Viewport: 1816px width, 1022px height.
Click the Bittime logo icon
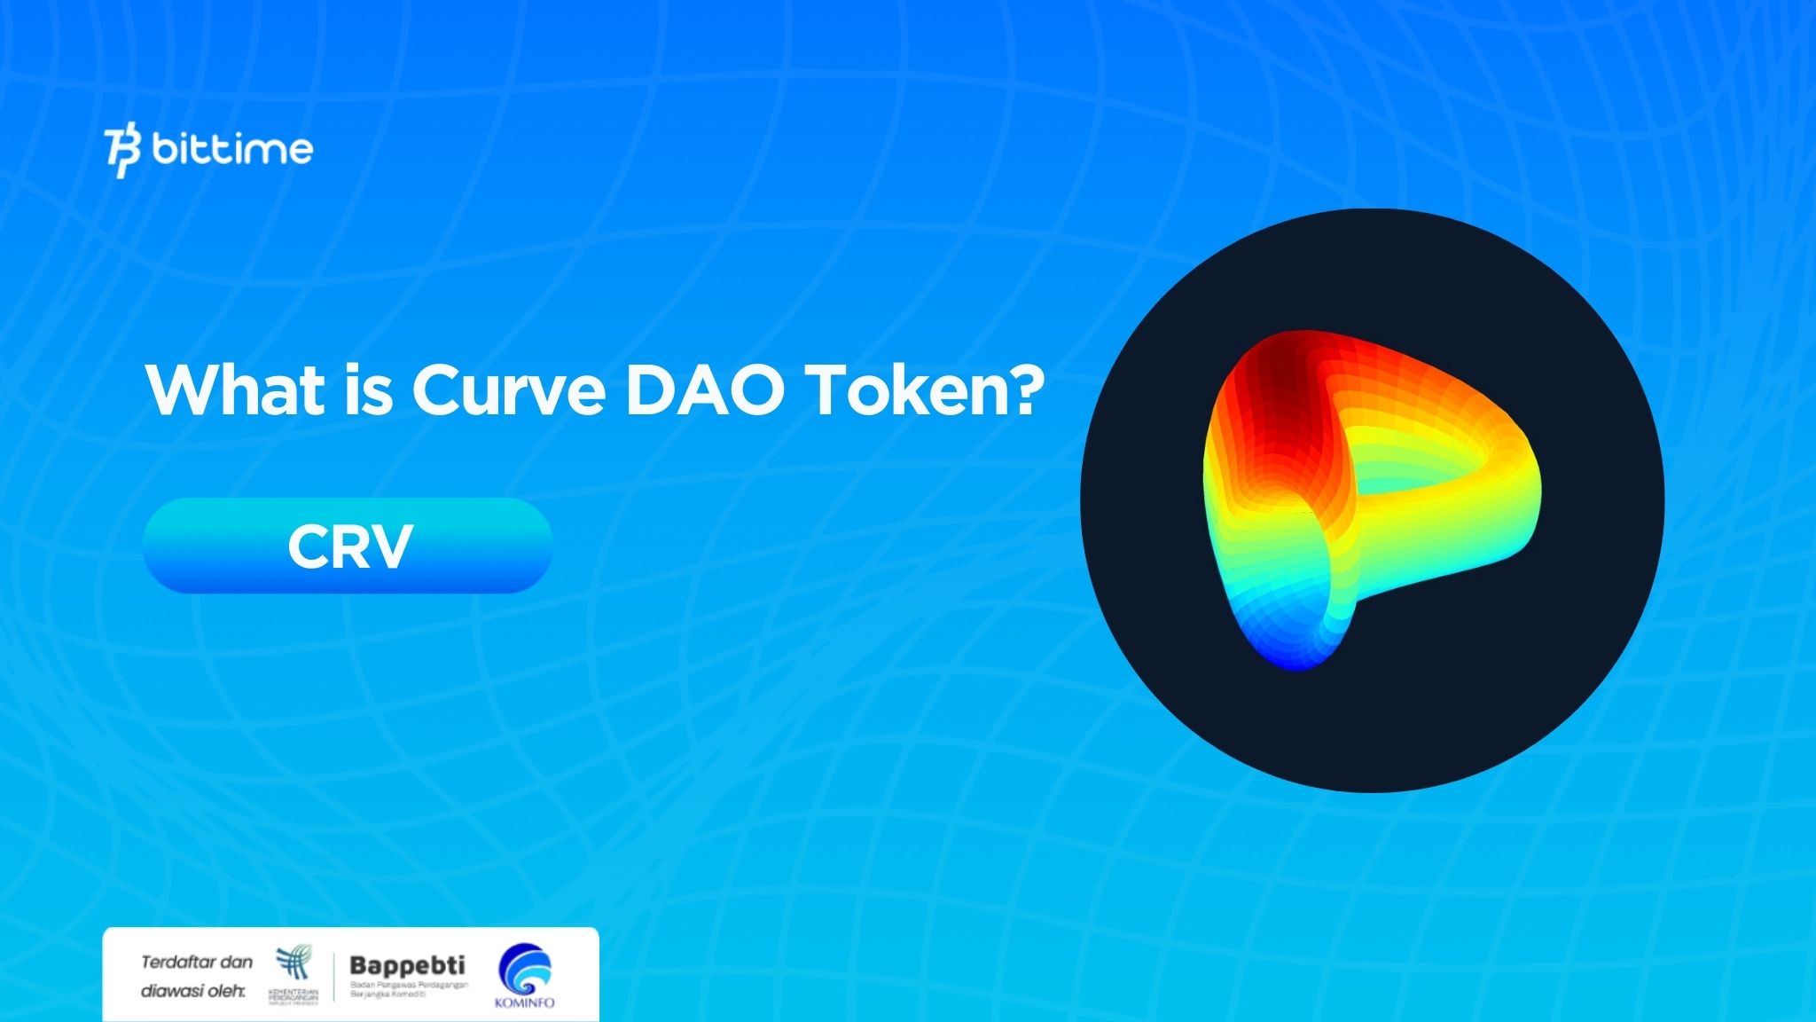pyautogui.click(x=122, y=152)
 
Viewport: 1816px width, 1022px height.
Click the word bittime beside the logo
pyautogui.click(x=232, y=149)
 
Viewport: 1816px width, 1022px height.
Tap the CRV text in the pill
pyautogui.click(x=349, y=546)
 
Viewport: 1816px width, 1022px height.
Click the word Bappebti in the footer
pyautogui.click(x=407, y=965)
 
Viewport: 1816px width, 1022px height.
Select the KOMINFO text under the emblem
pyautogui.click(x=524, y=1002)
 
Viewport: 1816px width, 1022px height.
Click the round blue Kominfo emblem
pyautogui.click(x=524, y=969)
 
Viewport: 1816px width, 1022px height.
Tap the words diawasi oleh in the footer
pyautogui.click(x=192, y=990)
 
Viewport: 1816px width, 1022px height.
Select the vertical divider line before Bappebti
pyautogui.click(x=334, y=977)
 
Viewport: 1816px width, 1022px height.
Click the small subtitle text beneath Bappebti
pyautogui.click(x=408, y=989)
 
